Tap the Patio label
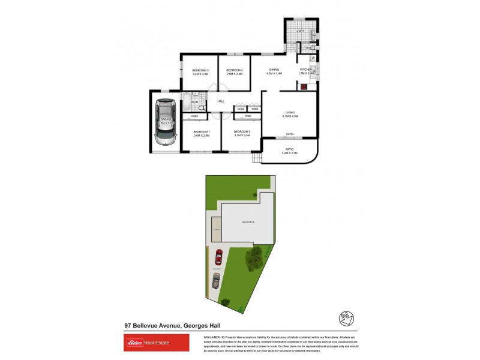[x=289, y=151]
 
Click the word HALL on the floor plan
[x=221, y=101]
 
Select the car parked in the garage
[x=164, y=122]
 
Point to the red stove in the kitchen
[x=304, y=86]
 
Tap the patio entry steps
[x=257, y=158]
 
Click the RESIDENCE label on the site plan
[x=248, y=222]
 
